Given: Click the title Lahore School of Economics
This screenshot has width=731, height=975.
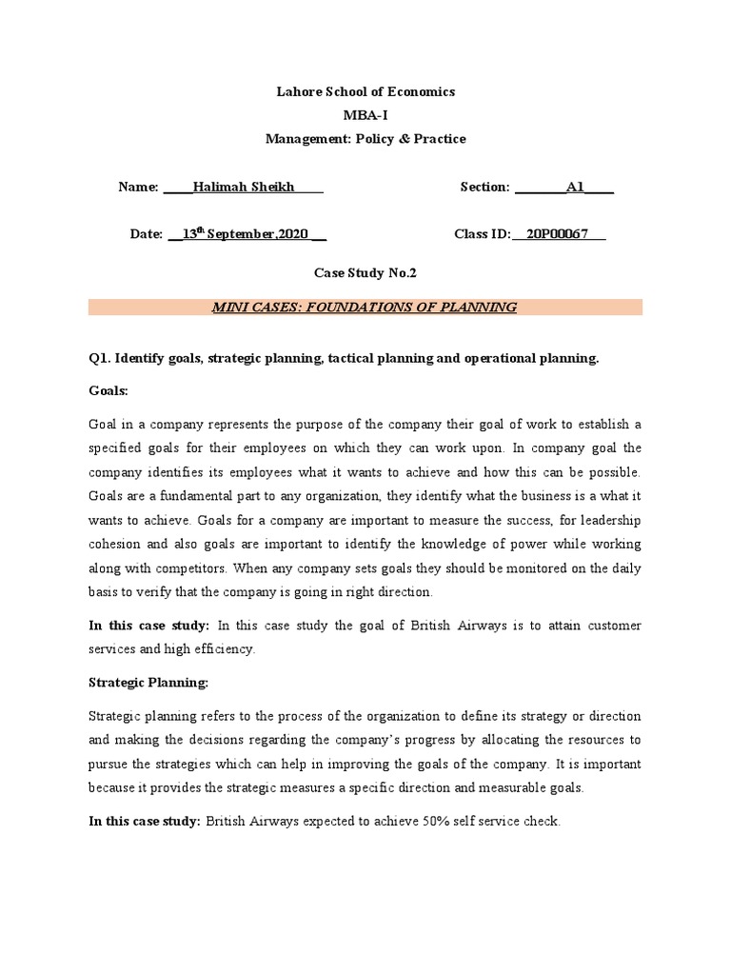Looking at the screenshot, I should pyautogui.click(x=365, y=91).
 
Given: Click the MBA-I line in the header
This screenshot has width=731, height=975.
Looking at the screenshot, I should pyautogui.click(x=365, y=115).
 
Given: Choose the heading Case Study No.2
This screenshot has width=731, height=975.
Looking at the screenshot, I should pyautogui.click(x=365, y=273).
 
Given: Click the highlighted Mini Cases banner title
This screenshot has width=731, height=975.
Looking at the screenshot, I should pyautogui.click(x=365, y=307).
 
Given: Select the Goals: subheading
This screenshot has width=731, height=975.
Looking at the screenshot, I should pyautogui.click(x=108, y=391).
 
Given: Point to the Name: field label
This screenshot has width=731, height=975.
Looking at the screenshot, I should pyautogui.click(x=138, y=187).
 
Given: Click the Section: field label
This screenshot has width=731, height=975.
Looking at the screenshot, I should pyautogui.click(x=484, y=187).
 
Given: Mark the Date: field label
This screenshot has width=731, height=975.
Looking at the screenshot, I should pyautogui.click(x=147, y=234).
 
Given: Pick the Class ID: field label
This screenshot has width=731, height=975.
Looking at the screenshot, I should pyautogui.click(x=484, y=234).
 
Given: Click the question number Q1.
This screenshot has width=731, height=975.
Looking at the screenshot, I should pyautogui.click(x=99, y=358).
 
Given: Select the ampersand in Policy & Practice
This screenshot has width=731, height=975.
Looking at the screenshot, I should pyautogui.click(x=395, y=139).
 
